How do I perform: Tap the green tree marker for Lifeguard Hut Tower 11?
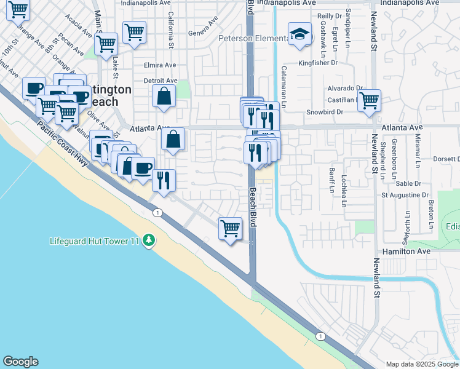click(148, 240)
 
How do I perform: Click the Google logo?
click(21, 362)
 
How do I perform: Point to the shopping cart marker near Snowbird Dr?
click(369, 100)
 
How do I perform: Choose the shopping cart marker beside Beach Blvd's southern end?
click(230, 229)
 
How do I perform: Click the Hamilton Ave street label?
click(406, 252)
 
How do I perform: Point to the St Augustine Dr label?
click(405, 195)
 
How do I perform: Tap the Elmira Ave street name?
click(160, 65)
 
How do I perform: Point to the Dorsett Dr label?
click(446, 159)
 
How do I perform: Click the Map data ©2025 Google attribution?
click(422, 363)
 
